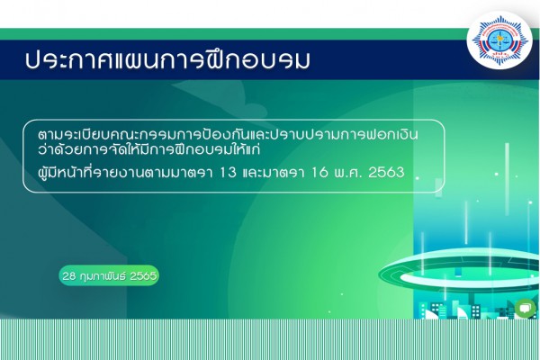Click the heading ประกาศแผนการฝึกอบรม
coord(167,60)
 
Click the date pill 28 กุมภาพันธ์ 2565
coord(109,275)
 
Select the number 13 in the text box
coord(228,172)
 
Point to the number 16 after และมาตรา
coord(319,172)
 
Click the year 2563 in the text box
coord(386,172)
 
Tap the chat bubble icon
coord(526,307)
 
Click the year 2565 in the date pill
coord(143,276)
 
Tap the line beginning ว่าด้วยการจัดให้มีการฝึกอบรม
coord(148,149)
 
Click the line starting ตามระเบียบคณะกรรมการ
coord(228,134)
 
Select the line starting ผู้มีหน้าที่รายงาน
coord(221,172)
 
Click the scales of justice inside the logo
coord(499,43)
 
